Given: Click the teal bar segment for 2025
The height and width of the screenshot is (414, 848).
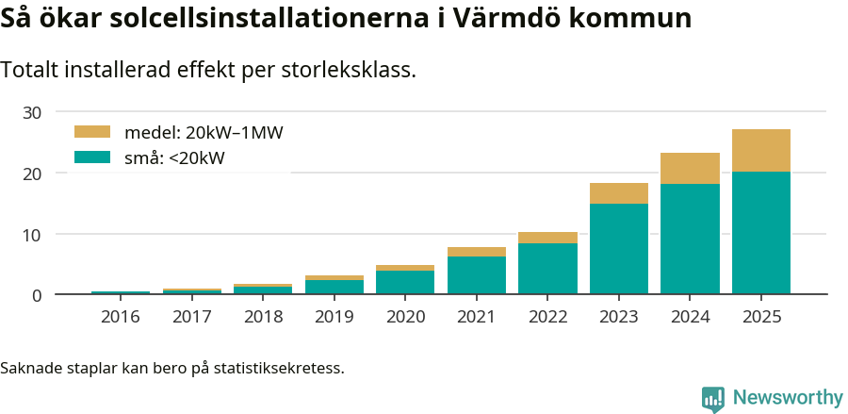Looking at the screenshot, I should coord(760,232).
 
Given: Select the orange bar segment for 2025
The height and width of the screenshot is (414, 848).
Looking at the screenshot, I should coord(760,150).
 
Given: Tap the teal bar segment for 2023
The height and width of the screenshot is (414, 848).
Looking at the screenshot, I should coord(619,248).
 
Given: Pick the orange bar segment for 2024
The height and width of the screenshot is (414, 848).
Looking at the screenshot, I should coord(690,168).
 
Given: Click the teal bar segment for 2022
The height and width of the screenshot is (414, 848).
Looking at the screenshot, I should coord(547,269).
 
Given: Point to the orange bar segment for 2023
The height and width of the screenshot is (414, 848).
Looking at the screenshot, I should coord(619,193).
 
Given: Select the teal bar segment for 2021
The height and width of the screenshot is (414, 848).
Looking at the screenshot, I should coord(477,274).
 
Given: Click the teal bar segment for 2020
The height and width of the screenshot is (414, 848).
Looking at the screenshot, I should coord(405,282).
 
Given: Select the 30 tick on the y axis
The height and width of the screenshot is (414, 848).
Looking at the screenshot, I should coord(32,112).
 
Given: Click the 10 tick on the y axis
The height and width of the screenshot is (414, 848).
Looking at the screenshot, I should coord(32,234).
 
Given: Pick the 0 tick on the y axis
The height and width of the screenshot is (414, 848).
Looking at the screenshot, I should coord(37,295).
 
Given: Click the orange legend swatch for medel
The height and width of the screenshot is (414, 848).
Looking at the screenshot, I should coord(92,132).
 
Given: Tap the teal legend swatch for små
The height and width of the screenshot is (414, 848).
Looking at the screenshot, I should coord(92,157).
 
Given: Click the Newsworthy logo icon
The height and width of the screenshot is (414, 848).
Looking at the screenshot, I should coord(713,398).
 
